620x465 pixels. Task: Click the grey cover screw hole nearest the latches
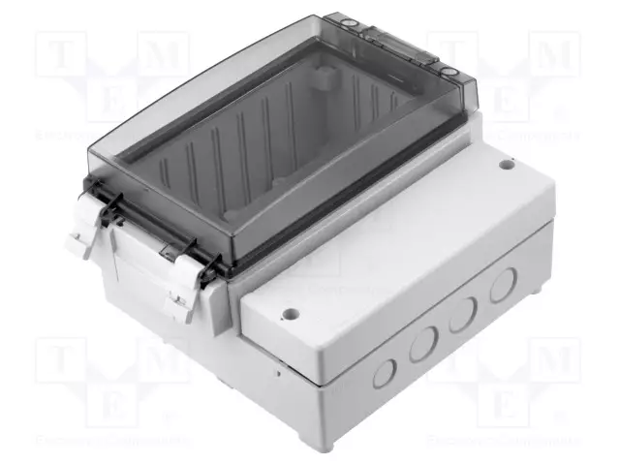click(289, 315)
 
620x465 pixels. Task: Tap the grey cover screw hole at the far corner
click(506, 165)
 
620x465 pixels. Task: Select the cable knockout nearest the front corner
click(385, 371)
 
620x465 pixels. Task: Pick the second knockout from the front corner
click(423, 344)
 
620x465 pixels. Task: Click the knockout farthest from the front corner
click(503, 284)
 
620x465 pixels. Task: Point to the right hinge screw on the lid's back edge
click(450, 72)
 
